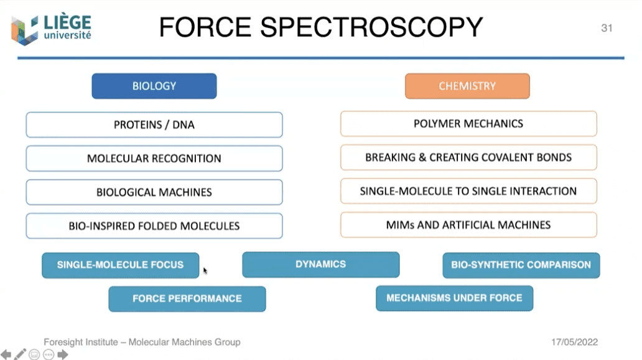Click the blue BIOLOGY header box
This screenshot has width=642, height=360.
pos(154,86)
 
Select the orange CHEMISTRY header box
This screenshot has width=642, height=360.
pos(467,86)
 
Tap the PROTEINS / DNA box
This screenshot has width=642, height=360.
pos(154,125)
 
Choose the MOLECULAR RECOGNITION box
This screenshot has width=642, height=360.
pos(154,159)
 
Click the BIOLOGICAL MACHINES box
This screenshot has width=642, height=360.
pos(154,192)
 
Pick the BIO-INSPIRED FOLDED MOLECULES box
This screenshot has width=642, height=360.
pos(154,226)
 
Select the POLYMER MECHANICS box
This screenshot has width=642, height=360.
pos(468,124)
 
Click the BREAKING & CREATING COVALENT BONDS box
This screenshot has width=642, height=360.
pos(468,157)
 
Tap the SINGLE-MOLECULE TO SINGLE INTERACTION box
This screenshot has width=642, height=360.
pos(468,191)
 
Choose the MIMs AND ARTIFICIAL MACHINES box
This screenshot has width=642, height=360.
pos(468,224)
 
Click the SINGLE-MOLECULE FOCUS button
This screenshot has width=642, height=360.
pos(121,265)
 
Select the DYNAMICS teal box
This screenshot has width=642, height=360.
pos(321,264)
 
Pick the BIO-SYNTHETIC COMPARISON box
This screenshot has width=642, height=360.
pos(521,265)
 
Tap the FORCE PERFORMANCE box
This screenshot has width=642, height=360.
pos(187,298)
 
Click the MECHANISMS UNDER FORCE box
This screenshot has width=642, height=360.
pos(454,298)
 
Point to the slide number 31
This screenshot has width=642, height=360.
pos(607,28)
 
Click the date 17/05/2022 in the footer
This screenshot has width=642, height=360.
pos(575,342)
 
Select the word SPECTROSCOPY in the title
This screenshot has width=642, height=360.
pos(371,27)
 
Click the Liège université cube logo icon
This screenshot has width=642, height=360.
pos(25,30)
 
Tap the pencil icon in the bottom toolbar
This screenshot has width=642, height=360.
pos(21,354)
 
